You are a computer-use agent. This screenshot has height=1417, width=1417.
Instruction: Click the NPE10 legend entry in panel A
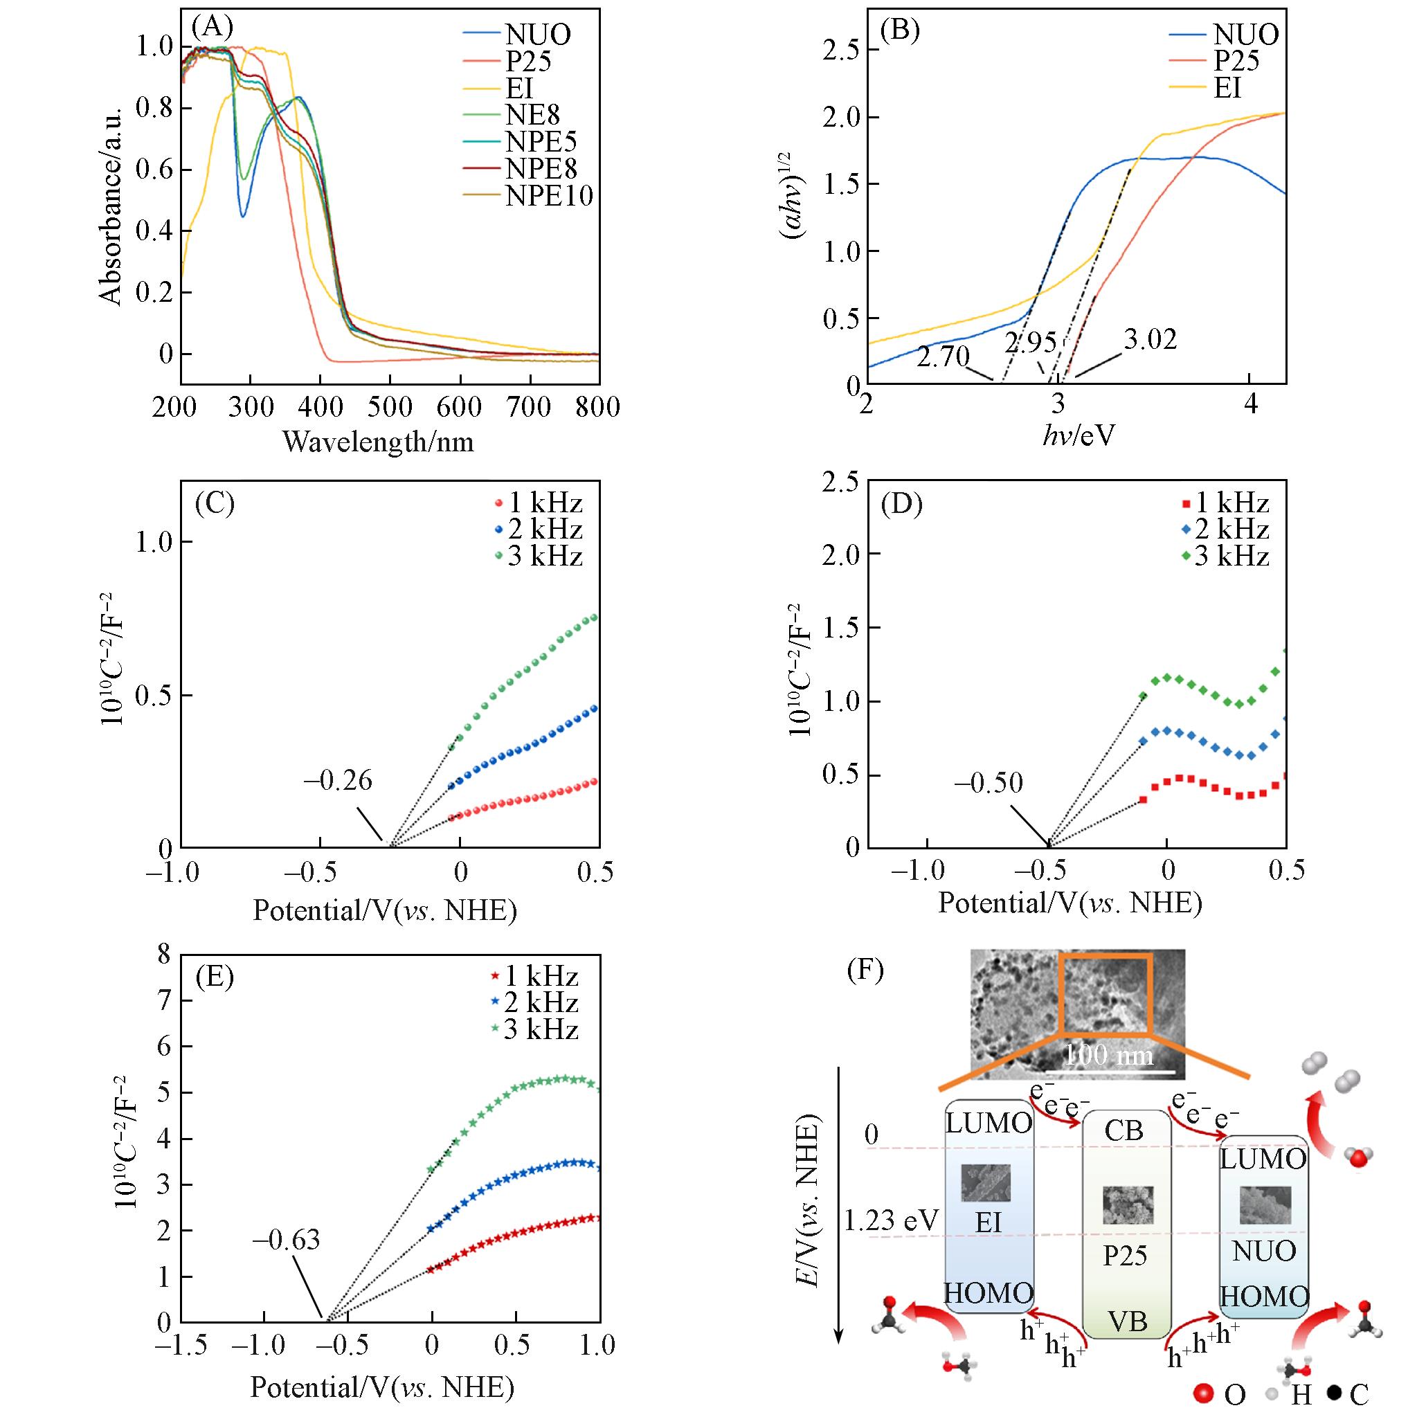coord(549,196)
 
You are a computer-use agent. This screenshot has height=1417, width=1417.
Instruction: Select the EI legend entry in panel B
coord(1227,87)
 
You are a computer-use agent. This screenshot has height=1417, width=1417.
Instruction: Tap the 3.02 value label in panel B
coord(1150,340)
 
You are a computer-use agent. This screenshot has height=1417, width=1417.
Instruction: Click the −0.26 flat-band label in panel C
coord(338,781)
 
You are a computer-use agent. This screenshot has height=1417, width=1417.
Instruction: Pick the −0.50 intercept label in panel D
coord(989,784)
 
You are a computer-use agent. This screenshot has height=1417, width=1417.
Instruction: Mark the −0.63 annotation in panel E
coord(287,1240)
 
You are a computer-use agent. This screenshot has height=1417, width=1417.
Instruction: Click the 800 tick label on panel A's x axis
coord(598,407)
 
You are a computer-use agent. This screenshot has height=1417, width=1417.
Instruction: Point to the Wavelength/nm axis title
coord(378,442)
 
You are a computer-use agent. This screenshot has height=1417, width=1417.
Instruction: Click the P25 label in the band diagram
coord(1125,1256)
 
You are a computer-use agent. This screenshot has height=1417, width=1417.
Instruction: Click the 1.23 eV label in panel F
coord(892,1220)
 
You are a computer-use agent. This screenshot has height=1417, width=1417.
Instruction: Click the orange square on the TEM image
coord(1105,995)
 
